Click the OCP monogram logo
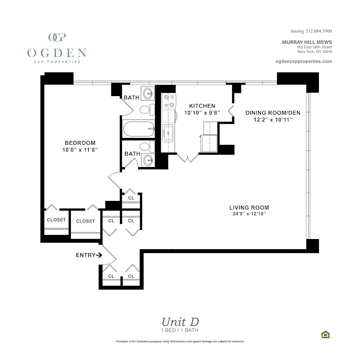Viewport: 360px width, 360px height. pyautogui.click(x=57, y=37)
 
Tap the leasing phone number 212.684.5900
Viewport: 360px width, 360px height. pyautogui.click(x=319, y=31)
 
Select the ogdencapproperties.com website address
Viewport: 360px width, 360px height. pyautogui.click(x=303, y=61)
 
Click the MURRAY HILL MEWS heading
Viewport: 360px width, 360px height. pyautogui.click(x=307, y=42)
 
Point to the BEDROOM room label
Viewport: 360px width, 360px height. pyautogui.click(x=80, y=143)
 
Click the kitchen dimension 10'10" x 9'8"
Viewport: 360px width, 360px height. pyautogui.click(x=202, y=113)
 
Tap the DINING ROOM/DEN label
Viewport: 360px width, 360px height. pyautogui.click(x=273, y=113)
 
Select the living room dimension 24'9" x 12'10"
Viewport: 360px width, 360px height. pyautogui.click(x=249, y=214)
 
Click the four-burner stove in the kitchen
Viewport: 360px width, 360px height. pyautogui.click(x=169, y=101)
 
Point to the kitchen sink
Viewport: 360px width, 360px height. pyautogui.click(x=168, y=133)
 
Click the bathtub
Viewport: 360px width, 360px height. pyautogui.click(x=139, y=129)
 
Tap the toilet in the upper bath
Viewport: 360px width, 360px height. pyautogui.click(x=147, y=109)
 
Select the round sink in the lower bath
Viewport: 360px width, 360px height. pyautogui.click(x=148, y=160)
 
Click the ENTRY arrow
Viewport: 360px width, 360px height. pyautogui.click(x=99, y=255)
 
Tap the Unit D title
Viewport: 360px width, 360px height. pyautogui.click(x=180, y=322)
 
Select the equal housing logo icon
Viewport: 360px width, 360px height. pyautogui.click(x=325, y=334)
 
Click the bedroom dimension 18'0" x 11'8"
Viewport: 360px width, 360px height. pyautogui.click(x=80, y=150)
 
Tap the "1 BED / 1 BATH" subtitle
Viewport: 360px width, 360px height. pyautogui.click(x=180, y=330)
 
